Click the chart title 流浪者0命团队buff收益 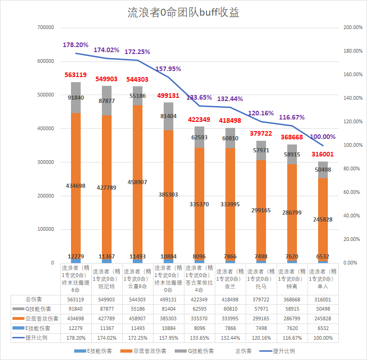pos(183,13)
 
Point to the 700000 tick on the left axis pos(45,28)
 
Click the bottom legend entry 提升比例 pos(284,351)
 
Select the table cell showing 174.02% pos(107,338)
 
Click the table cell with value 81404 pos(168,309)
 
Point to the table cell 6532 pos(323,328)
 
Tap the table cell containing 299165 pos(261,318)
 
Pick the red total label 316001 pos(323,154)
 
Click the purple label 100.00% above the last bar pos(323,137)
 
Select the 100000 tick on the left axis pos(45,229)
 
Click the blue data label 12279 pos(76,257)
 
